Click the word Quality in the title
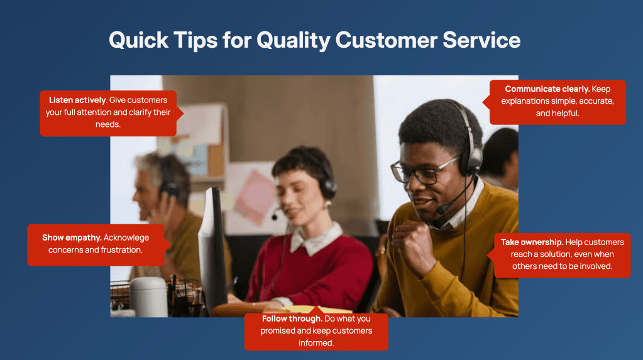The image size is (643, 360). tap(293, 41)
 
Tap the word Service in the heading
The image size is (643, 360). tap(481, 40)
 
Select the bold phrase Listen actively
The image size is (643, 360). tap(77, 100)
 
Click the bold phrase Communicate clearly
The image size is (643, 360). tap(547, 89)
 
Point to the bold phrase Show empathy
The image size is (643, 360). tap(72, 238)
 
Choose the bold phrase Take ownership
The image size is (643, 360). tap(532, 243)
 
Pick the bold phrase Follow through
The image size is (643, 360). tap(292, 319)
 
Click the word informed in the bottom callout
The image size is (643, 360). tap(316, 343)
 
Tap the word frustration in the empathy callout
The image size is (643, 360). tap(121, 249)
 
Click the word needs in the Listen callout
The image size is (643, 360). tap(108, 124)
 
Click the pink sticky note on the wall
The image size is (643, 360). tap(255, 197)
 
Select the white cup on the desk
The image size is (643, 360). tap(148, 297)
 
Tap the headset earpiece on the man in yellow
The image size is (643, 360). tap(471, 160)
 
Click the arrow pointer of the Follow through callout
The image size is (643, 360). tap(316, 310)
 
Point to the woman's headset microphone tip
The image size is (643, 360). tap(274, 217)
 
